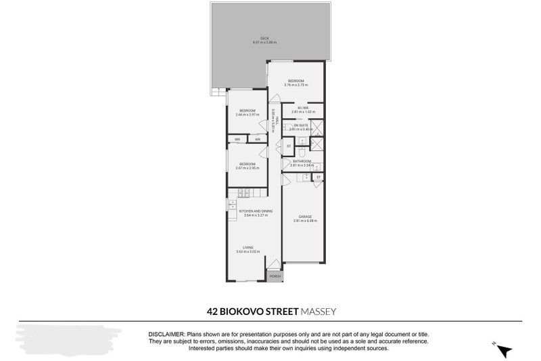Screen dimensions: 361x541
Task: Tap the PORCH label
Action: click(275, 276)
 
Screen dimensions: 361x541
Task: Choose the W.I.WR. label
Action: click(302, 108)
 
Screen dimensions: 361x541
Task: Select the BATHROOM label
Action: click(302, 161)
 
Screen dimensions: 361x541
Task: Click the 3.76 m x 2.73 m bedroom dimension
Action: click(296, 85)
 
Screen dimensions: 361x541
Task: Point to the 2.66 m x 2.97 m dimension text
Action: click(247, 115)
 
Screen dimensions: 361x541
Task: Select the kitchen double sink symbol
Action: click(232, 215)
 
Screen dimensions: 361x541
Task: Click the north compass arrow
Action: click(504, 349)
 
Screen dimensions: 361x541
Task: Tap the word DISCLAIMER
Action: click(166, 335)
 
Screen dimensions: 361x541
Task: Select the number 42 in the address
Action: click(212, 312)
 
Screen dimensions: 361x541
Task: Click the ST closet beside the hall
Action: click(289, 146)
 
